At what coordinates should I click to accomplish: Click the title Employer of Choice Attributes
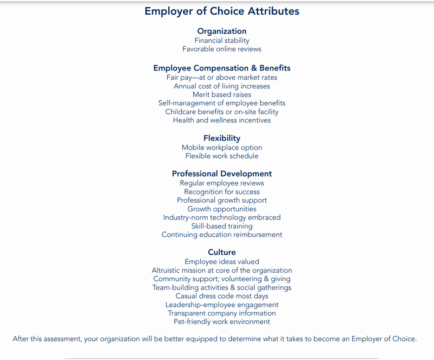coord(222,11)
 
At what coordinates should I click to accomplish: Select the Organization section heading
coord(222,31)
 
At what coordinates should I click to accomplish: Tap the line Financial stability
coord(222,40)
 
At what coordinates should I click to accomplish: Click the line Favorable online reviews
coord(222,49)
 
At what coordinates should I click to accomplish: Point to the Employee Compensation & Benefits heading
coord(222,68)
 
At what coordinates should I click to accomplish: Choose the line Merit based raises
coord(222,94)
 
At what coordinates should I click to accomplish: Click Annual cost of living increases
coord(222,86)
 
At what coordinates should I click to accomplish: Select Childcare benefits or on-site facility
coord(222,112)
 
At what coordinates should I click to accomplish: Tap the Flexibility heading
coord(222,138)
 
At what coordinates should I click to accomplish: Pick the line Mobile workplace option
coord(222,147)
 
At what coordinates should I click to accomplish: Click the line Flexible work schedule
coord(222,156)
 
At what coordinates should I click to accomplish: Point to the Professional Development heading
coord(222,174)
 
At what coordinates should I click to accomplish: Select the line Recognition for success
coord(222,191)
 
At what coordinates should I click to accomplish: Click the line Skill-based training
coord(222,226)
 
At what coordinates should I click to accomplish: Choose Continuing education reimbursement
coord(222,235)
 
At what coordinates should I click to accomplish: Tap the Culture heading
coord(222,252)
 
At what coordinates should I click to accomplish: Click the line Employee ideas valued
coord(222,261)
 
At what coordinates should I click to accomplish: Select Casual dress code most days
coord(222,296)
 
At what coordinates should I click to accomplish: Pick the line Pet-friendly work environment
coord(222,322)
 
